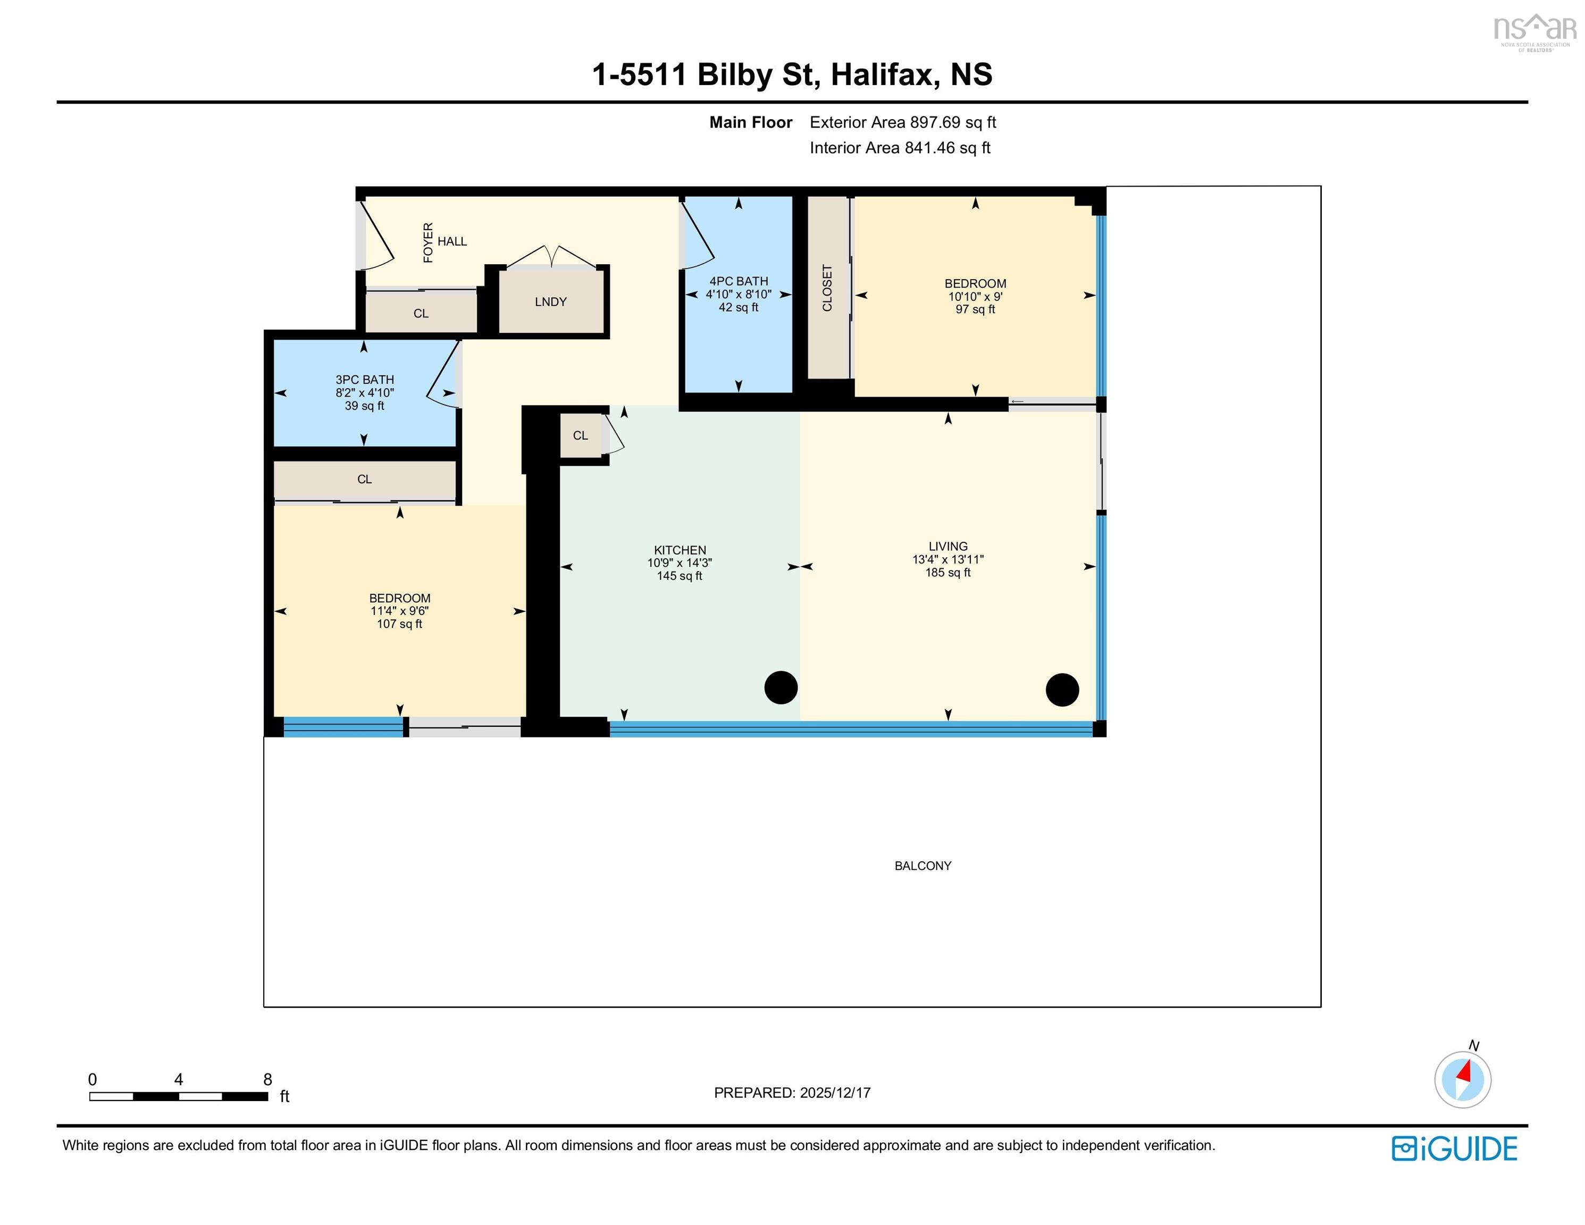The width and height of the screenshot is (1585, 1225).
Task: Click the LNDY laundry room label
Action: (550, 302)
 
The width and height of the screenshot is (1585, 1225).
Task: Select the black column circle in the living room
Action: (1062, 690)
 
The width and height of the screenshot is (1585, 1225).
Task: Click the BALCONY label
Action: (923, 866)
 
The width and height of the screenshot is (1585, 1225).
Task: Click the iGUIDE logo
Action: (1454, 1149)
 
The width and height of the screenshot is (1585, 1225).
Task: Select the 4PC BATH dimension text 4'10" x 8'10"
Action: (738, 295)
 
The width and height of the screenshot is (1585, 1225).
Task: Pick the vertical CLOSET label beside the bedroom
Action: (827, 288)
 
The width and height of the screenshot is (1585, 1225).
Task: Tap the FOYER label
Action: (428, 242)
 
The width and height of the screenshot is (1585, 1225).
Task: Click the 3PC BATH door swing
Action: (443, 377)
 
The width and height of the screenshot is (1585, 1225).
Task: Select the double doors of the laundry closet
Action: (553, 256)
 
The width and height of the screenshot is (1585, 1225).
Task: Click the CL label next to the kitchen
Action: (580, 435)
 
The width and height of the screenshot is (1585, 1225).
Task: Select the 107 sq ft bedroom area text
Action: (399, 624)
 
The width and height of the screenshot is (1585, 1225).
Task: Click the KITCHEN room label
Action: (680, 550)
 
